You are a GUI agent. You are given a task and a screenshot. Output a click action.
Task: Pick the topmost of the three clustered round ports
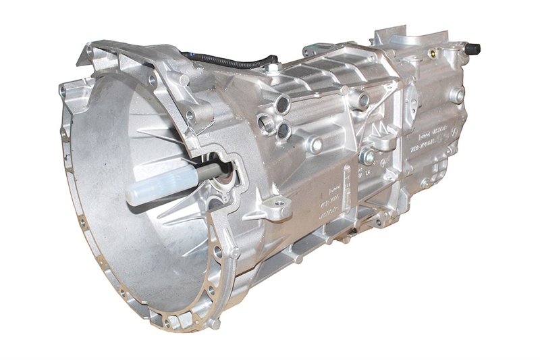point(283,103)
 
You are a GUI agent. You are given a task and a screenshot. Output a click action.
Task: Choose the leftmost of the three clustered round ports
point(265,122)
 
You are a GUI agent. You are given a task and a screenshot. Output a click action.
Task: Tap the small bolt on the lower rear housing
point(425,182)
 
